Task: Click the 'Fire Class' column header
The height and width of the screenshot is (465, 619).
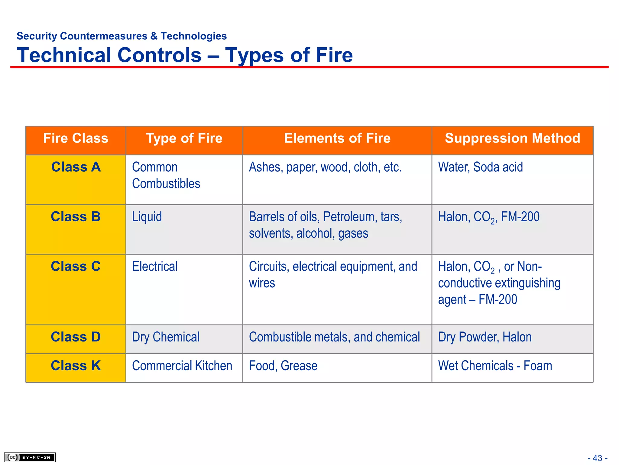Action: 76,138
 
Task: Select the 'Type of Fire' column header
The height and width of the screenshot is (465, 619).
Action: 184,138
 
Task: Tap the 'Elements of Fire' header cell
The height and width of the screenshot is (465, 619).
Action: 337,138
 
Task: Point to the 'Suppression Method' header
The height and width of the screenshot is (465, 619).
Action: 512,138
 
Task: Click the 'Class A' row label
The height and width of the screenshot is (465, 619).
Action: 76,167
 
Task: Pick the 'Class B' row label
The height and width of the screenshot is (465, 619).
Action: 76,217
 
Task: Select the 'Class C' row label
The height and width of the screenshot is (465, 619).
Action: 76,266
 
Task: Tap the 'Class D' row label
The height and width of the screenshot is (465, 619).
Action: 76,337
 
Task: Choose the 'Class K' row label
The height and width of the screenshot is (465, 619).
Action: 76,366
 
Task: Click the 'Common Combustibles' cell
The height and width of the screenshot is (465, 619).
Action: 166,175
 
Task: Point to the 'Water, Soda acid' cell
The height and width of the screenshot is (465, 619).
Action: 480,167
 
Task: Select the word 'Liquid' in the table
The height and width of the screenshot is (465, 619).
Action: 147,217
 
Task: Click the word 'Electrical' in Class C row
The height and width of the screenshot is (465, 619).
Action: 155,266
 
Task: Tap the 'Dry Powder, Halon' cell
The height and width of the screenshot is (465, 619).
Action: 485,337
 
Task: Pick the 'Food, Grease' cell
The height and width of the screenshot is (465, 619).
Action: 283,366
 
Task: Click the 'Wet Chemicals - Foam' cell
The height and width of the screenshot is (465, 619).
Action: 495,366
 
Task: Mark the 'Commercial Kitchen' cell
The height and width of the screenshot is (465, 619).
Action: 182,366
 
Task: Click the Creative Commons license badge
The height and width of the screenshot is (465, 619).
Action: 30,457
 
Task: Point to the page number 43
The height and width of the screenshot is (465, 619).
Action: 597,458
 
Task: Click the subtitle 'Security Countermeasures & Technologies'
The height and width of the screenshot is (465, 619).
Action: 122,36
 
